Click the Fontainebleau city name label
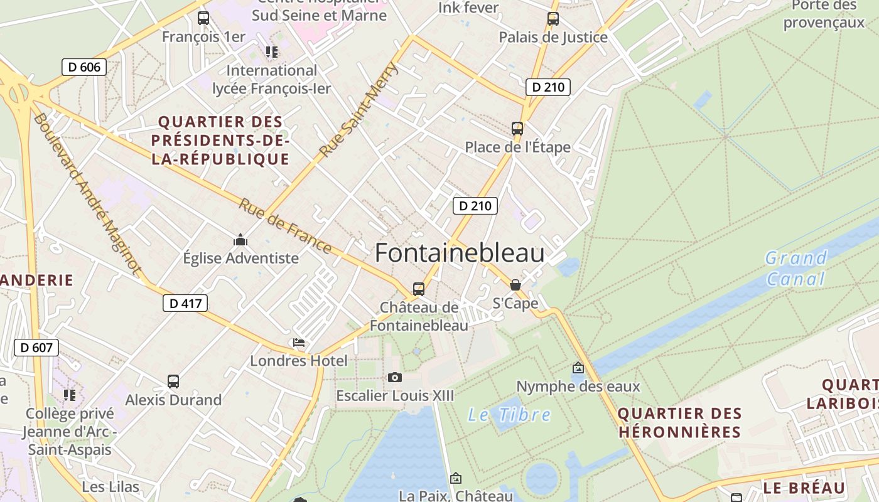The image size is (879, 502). click(460, 253)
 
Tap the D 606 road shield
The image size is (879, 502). click(84, 67)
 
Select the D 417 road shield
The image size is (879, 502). click(185, 304)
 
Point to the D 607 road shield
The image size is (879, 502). click(36, 348)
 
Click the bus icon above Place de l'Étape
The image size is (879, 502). click(517, 129)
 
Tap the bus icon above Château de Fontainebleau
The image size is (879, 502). click(419, 289)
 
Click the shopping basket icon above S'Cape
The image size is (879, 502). click(515, 285)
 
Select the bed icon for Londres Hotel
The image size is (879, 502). click(299, 343)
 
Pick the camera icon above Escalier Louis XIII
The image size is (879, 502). click(395, 377)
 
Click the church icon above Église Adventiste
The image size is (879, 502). click(240, 240)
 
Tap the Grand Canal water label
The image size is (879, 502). click(795, 268)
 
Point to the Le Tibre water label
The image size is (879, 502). click(509, 415)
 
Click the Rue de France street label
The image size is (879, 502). click(285, 227)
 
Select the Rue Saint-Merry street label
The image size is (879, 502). click(359, 109)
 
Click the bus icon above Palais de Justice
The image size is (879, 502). click(553, 19)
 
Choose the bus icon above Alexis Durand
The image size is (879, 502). click(173, 381)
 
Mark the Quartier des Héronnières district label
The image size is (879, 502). click(680, 423)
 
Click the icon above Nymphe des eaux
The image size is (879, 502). click(578, 368)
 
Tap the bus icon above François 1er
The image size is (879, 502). click(203, 18)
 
